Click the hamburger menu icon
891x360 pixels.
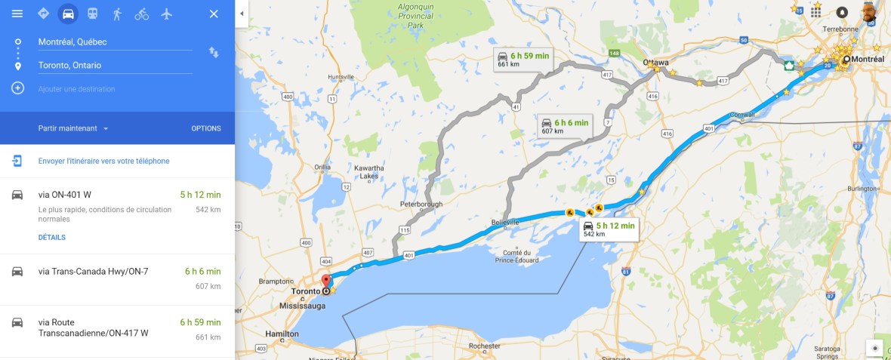point(17,14)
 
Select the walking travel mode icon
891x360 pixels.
point(117,14)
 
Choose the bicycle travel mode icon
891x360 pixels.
point(142,14)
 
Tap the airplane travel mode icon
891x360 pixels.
point(167,14)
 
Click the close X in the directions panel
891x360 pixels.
point(214,14)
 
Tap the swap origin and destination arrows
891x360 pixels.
point(214,52)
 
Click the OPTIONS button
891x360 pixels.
point(206,128)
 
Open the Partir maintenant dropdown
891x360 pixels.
point(73,128)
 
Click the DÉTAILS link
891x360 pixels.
point(52,237)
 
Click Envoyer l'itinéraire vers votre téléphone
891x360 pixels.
point(103,161)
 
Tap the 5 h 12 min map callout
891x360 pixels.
point(609,229)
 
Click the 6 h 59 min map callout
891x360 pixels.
point(523,59)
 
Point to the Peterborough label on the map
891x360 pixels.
point(421,204)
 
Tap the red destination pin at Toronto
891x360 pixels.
point(326,281)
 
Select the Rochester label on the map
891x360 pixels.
point(485,346)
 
